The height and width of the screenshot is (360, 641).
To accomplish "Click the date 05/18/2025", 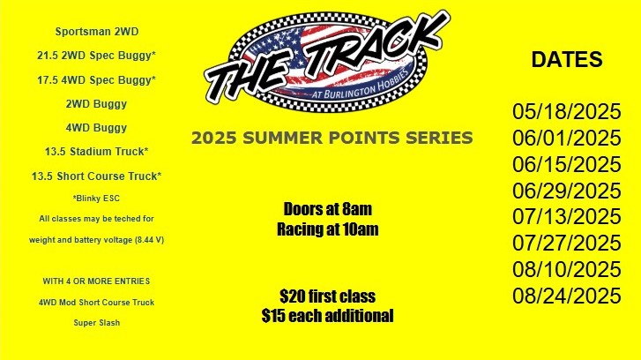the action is pyautogui.click(x=567, y=111).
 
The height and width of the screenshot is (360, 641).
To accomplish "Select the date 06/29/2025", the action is pyautogui.click(x=567, y=191).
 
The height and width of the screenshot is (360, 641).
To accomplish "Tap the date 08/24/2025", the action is pyautogui.click(x=567, y=296).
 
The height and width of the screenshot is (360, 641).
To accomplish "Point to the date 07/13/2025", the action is pyautogui.click(x=567, y=217).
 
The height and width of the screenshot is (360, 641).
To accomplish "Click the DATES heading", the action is pyautogui.click(x=567, y=59).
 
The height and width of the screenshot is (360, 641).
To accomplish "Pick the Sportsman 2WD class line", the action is pyautogui.click(x=97, y=32).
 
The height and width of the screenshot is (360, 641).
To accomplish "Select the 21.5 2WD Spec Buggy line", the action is pyautogui.click(x=96, y=56).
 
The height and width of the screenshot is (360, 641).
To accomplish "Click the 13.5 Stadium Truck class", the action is pyautogui.click(x=96, y=152).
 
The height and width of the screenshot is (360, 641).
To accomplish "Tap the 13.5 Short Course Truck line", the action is pyautogui.click(x=96, y=176).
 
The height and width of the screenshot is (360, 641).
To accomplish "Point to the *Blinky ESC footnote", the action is pyautogui.click(x=96, y=199).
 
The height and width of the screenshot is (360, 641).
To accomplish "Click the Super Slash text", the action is pyautogui.click(x=96, y=323).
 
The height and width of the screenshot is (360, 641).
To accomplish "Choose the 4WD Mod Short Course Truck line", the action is pyautogui.click(x=96, y=303).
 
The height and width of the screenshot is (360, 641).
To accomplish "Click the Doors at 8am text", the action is pyautogui.click(x=328, y=209).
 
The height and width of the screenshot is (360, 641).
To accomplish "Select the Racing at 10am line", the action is pyautogui.click(x=328, y=229).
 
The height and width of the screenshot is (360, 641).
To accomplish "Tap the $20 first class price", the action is pyautogui.click(x=328, y=296).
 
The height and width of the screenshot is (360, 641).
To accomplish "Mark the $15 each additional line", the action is pyautogui.click(x=328, y=316).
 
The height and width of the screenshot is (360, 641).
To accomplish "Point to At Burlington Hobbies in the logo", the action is pyautogui.click(x=361, y=85).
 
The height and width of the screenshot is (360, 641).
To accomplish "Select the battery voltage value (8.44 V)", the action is pyautogui.click(x=149, y=240).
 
